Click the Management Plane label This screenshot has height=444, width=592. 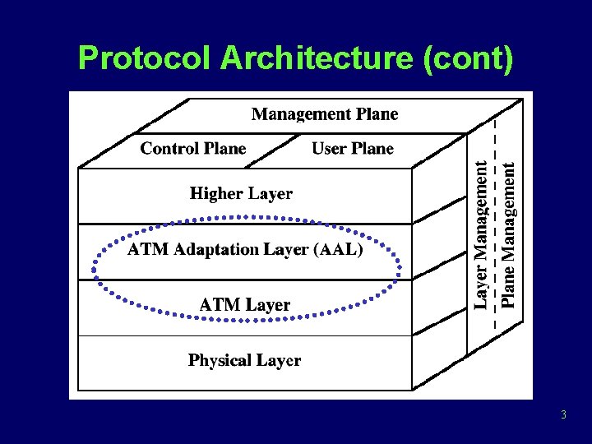325,114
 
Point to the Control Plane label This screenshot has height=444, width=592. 193,149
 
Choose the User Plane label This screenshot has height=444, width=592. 353,149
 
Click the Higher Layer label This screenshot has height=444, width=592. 241,194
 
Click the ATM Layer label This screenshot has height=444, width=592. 244,305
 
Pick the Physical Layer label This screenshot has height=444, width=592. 244,360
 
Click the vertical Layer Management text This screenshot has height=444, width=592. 483,234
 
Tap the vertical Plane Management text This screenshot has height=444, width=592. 510,234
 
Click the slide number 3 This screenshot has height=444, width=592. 563,415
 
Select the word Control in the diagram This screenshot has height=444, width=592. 169,149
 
